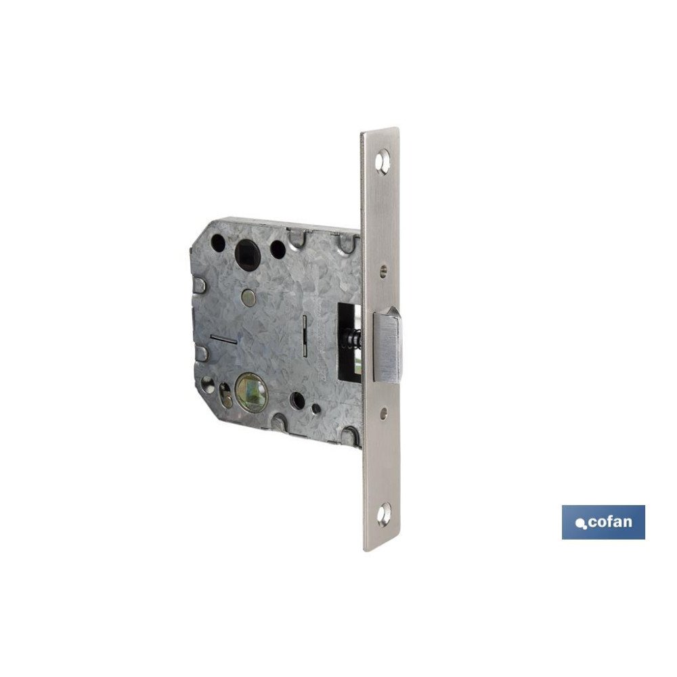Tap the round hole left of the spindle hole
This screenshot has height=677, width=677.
(x=219, y=242)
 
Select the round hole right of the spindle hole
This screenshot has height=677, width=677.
(x=278, y=248)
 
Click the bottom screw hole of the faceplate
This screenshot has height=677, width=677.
(x=383, y=515)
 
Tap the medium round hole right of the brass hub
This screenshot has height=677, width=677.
(x=297, y=400)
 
